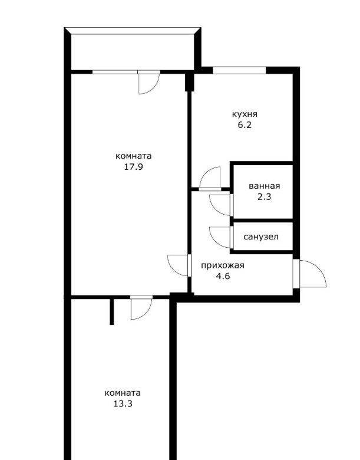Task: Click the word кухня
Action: coord(245,114)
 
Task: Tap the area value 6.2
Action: coord(245,125)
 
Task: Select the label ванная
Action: coord(264,186)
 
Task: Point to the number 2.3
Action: coord(264,197)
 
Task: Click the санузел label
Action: coord(260,236)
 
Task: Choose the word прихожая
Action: coord(223,266)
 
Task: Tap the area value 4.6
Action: coord(223,277)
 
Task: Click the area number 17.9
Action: coord(133,167)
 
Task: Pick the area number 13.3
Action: coord(123,404)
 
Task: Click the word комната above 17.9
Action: coord(133,156)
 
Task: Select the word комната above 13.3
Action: coord(123,393)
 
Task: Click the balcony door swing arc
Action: coord(154,88)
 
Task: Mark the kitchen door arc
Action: coord(206,173)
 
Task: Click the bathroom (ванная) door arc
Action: coord(215,210)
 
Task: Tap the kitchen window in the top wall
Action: coord(239,70)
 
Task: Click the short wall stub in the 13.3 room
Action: coord(112,311)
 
